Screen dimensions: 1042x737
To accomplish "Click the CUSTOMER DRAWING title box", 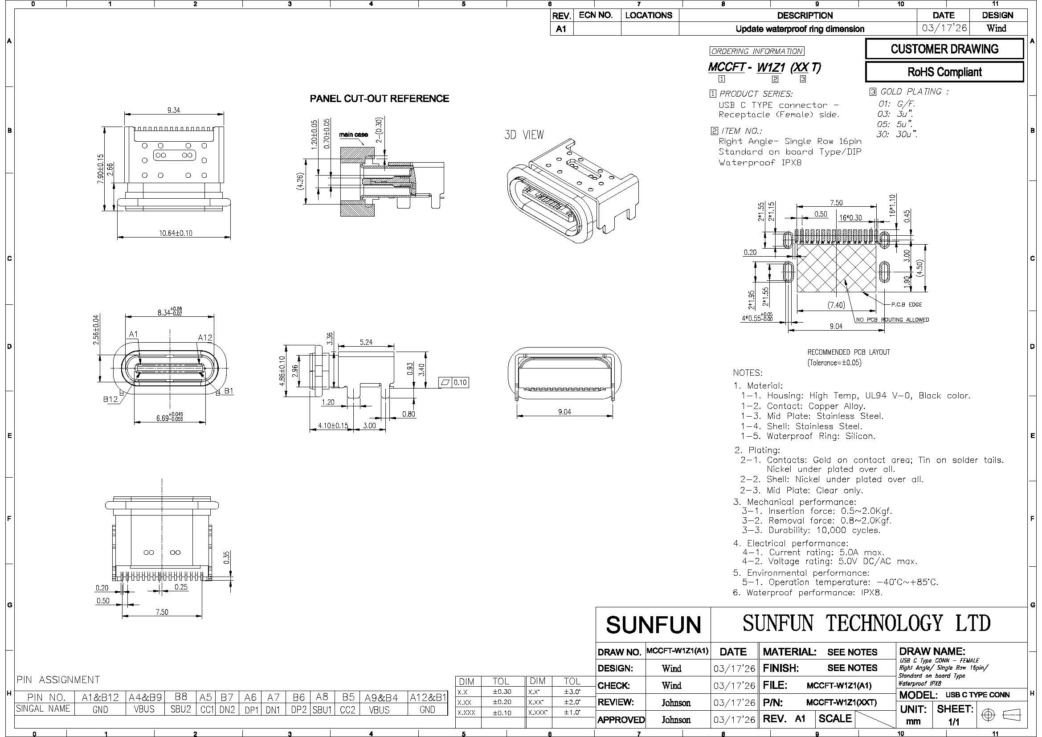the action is (x=944, y=49).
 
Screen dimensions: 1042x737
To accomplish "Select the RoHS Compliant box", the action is (x=944, y=72).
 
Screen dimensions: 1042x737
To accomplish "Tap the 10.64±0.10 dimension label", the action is (x=175, y=233).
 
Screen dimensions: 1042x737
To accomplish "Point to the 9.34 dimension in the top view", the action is (x=173, y=110).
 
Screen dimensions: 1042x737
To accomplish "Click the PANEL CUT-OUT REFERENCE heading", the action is (x=380, y=98).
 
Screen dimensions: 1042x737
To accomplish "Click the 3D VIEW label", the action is (x=524, y=135).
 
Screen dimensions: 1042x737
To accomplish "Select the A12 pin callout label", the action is (x=205, y=338).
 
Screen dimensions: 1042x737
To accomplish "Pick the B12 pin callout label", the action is (x=111, y=399).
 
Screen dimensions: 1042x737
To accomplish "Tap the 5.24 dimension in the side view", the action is (x=366, y=342).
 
